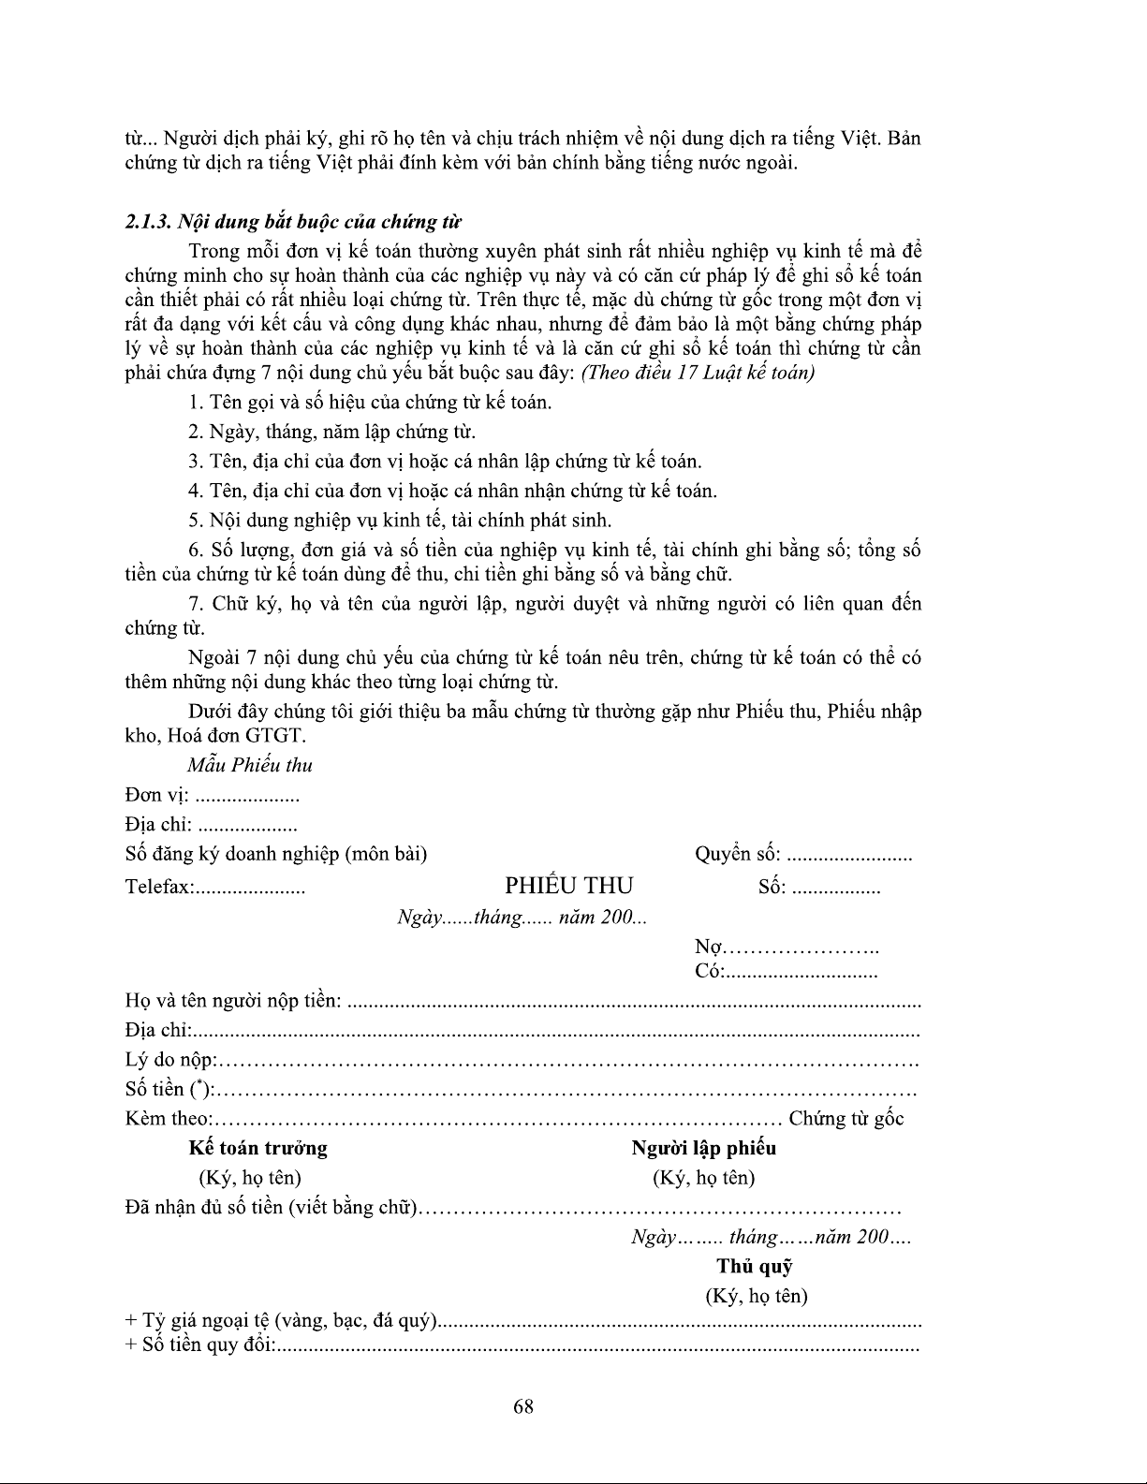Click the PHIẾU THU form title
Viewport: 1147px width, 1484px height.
(x=568, y=886)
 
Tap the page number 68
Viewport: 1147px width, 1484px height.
(x=523, y=1405)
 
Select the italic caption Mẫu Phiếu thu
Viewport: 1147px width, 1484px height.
(x=249, y=765)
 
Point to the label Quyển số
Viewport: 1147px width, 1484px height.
(x=737, y=854)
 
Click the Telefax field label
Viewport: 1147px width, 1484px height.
(x=158, y=888)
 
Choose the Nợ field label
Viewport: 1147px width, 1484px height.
(x=709, y=948)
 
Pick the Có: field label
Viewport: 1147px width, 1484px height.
(x=710, y=971)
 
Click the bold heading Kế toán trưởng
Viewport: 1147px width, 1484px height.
(x=257, y=1148)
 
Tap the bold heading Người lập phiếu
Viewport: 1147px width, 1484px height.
(x=703, y=1148)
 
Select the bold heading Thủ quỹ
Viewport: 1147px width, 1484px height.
(x=755, y=1267)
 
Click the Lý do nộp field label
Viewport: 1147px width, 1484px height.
(x=170, y=1060)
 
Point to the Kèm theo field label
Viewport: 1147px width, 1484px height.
(x=169, y=1119)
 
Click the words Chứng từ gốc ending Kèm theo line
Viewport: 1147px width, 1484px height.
(x=846, y=1119)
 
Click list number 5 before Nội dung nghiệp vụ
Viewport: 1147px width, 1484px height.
(x=195, y=521)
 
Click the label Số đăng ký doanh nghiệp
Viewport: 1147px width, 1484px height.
(x=275, y=854)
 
